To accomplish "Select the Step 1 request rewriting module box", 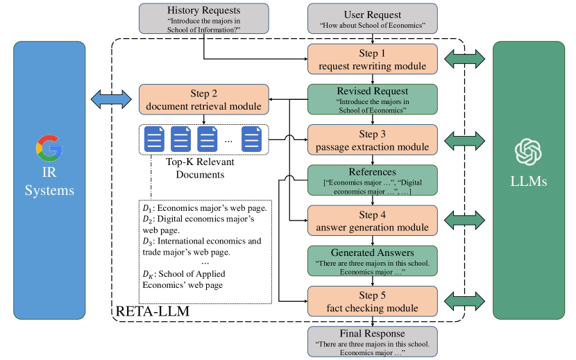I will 373,59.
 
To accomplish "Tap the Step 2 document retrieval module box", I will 204,99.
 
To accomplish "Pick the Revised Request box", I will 373,99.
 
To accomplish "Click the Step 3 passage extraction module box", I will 373,139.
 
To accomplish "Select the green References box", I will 373,180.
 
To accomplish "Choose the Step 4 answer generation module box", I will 373,220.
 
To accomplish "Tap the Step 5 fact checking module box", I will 373,300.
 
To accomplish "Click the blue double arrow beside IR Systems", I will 111,98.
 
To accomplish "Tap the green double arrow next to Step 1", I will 464,58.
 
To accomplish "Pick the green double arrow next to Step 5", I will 464,300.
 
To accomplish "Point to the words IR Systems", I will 49,182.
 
